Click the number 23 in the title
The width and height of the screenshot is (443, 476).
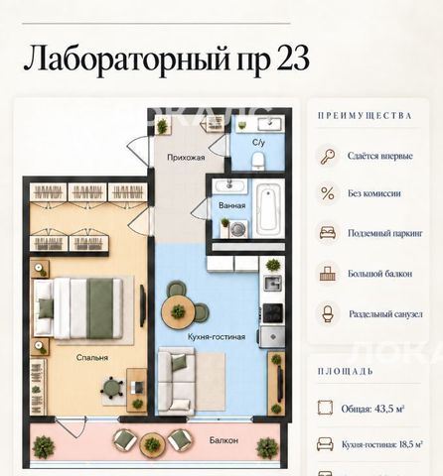(292, 59)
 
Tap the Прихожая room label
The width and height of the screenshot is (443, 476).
(186, 158)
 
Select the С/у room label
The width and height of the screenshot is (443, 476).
(258, 143)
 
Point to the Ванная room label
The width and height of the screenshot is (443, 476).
(232, 205)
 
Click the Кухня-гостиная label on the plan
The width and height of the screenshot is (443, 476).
(217, 337)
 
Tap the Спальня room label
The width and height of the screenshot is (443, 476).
(92, 358)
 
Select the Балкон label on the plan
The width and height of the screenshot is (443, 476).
(223, 440)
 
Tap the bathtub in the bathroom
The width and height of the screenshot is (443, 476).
(268, 208)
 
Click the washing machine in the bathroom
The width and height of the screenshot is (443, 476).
(237, 229)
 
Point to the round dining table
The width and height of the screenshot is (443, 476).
(178, 311)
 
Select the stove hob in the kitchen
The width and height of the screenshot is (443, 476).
(273, 312)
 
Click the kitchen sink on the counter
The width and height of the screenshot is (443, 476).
(272, 284)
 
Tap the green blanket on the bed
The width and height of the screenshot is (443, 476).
(100, 308)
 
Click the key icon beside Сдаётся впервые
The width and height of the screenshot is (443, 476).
(328, 156)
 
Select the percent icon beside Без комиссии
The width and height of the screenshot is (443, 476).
(328, 193)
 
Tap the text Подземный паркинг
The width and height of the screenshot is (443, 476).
(385, 233)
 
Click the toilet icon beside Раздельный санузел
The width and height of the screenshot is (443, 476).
(327, 314)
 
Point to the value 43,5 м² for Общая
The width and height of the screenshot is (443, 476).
(389, 409)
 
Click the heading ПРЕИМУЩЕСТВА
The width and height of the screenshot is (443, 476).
(365, 116)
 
